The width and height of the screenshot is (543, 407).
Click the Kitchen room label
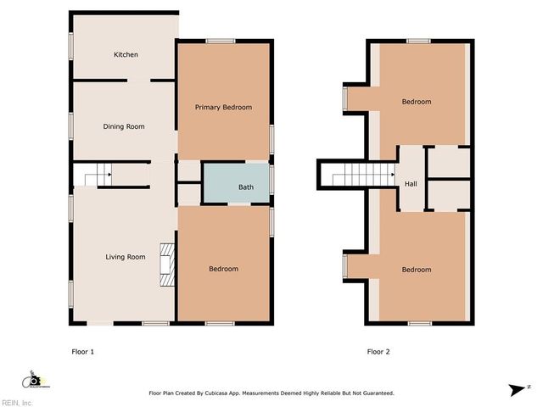[x=126, y=55]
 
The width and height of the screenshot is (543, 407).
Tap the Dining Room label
[x=124, y=126]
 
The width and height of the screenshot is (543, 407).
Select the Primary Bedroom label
[x=223, y=108]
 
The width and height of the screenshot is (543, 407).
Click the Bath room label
[x=245, y=187]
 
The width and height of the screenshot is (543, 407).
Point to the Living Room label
[x=125, y=257]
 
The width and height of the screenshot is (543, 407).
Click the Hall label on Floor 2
[x=411, y=184]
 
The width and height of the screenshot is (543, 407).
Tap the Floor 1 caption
[x=83, y=351]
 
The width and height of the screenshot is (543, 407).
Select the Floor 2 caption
[x=378, y=351]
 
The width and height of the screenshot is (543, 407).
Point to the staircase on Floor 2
[x=361, y=176]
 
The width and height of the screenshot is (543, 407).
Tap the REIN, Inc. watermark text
[x=17, y=402]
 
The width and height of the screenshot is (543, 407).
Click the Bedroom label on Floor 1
[x=223, y=269]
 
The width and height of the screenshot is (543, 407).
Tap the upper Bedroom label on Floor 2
[x=416, y=102]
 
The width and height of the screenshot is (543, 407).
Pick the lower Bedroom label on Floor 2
[x=416, y=270]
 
